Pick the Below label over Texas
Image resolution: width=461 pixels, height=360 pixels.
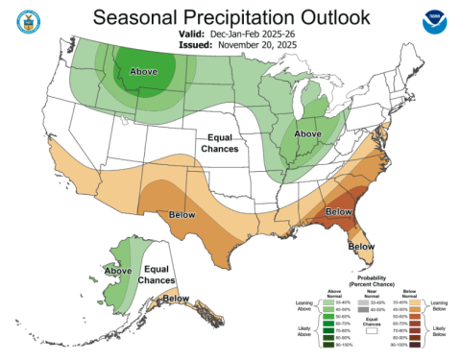[x=184, y=214]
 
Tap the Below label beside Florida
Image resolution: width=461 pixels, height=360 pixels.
[x=360, y=247]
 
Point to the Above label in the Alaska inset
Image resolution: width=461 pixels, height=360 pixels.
[x=118, y=271]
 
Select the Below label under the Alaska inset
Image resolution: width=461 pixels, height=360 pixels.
[x=177, y=300]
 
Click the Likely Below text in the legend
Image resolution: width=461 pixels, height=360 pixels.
[x=437, y=332]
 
